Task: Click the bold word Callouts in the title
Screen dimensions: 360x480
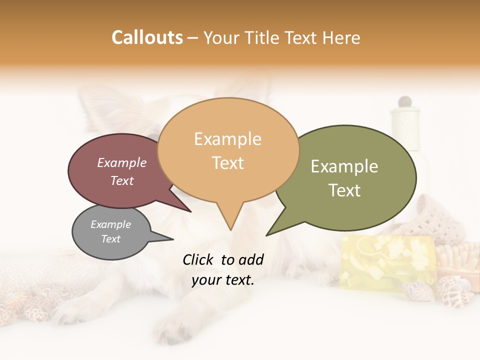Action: pos(147,37)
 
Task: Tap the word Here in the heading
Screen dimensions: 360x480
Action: pos(342,37)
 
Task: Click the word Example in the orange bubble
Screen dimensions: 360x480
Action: pos(227,138)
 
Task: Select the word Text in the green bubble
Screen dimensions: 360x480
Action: pos(344,190)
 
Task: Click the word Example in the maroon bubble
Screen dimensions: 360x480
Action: pos(121,162)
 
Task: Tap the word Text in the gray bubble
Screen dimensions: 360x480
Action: pos(110,239)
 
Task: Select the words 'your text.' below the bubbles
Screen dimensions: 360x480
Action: pos(223,280)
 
